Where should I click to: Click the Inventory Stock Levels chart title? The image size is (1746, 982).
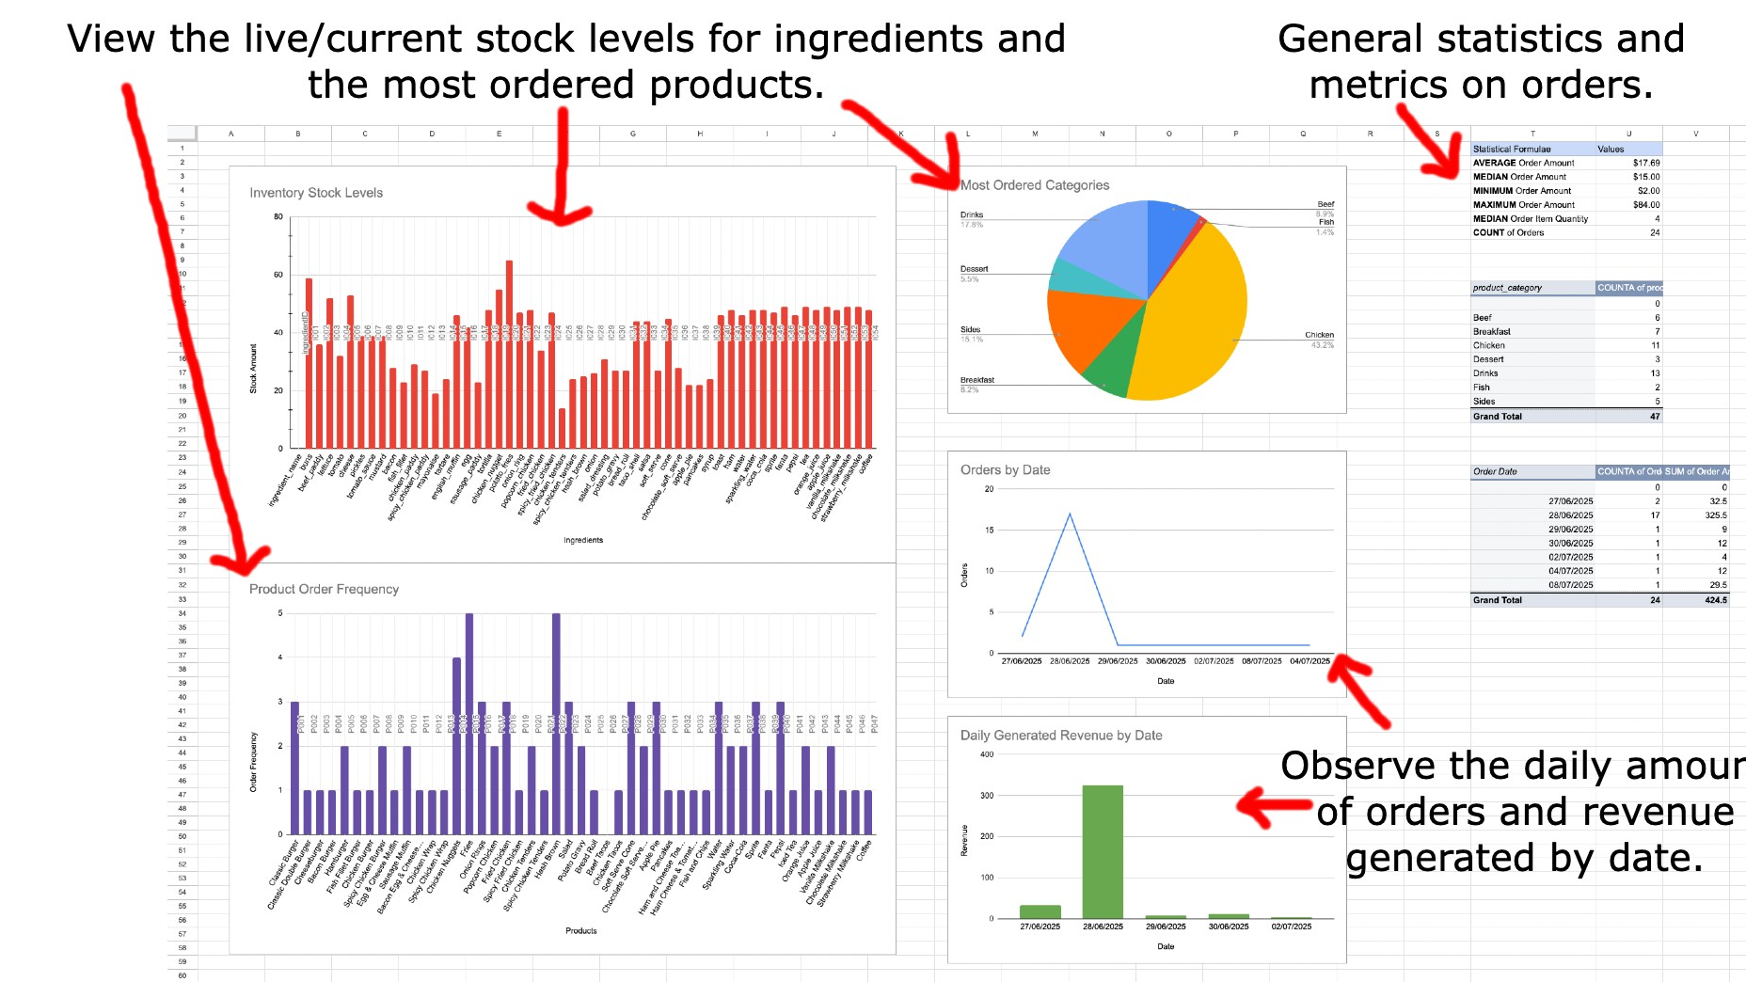(316, 193)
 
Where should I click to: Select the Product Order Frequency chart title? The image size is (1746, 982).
(324, 589)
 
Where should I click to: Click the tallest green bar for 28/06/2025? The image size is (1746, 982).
(1103, 851)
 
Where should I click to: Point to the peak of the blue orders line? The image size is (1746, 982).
(1070, 514)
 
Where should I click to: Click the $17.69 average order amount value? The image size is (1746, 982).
(1646, 163)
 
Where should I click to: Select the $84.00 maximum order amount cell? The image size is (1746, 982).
(1646, 204)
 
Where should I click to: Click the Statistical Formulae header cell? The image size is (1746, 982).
(1512, 149)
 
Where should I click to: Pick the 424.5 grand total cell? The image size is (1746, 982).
(1716, 599)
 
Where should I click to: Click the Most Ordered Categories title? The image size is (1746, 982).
(1035, 185)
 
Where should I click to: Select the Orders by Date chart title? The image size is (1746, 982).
(1005, 469)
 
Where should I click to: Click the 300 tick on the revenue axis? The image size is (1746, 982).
(987, 796)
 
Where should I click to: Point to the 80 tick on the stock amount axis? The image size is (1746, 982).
(278, 217)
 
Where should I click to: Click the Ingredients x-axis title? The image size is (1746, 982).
(583, 540)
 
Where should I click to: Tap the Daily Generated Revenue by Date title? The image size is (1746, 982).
(1061, 736)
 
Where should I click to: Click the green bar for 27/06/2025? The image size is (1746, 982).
(1040, 911)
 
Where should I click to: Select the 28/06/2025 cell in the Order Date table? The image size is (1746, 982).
(1570, 515)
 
